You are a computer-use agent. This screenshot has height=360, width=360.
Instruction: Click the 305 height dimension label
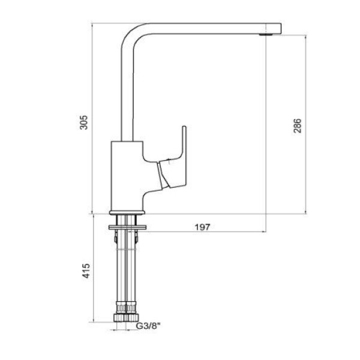[x=84, y=122]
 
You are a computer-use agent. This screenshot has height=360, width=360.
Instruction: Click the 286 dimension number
[x=298, y=125]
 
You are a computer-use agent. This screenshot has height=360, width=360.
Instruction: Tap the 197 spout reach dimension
[x=202, y=227]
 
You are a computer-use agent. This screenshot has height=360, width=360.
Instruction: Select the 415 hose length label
[x=86, y=271]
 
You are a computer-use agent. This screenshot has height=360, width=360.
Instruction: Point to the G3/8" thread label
[x=148, y=326]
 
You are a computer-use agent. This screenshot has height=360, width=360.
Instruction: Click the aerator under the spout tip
[x=266, y=35]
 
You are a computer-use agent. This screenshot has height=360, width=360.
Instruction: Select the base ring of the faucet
[x=127, y=212]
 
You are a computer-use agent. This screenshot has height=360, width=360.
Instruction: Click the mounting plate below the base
[x=127, y=227]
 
